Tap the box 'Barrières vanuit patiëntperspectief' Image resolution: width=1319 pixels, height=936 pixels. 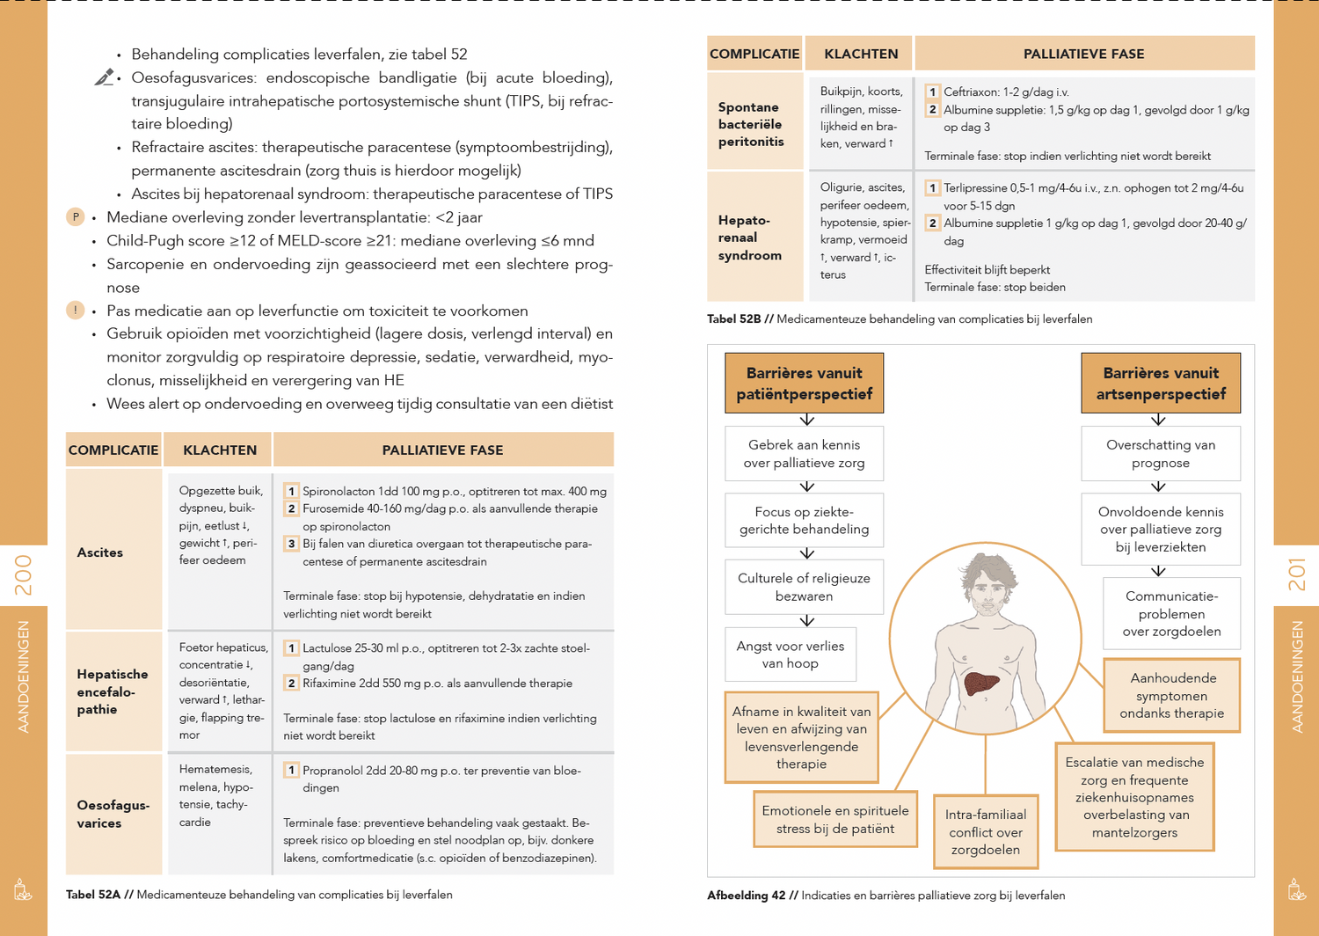coord(804,384)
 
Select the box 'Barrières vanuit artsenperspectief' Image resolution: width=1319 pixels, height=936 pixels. coord(1160,384)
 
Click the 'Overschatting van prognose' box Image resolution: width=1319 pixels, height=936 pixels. coord(1160,454)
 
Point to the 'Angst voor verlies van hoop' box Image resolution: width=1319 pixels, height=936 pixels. coord(790,654)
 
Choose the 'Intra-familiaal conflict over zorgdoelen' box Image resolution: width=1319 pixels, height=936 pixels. coord(985,832)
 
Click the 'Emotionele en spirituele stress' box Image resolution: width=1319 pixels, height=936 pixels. coord(834,819)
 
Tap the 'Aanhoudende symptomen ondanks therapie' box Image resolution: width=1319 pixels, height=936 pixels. coord(1171,696)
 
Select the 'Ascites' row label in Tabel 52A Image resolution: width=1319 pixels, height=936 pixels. coord(100,552)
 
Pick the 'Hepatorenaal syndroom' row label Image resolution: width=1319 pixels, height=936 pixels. coord(750,238)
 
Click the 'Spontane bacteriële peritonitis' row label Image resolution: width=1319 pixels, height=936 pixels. coord(750,124)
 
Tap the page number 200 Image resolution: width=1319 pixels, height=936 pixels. coord(24,574)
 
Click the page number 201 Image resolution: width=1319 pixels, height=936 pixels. coord(1296,574)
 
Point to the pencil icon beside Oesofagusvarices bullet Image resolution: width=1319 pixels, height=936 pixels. coord(105,78)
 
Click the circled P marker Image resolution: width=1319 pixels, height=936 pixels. coord(76,217)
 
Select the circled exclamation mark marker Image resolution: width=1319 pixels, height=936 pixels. coord(76,311)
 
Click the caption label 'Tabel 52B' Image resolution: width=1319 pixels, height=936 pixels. coord(733,319)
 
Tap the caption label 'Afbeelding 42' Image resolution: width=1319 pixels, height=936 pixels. coord(746,896)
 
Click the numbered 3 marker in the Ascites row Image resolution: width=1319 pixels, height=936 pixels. coord(291,544)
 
